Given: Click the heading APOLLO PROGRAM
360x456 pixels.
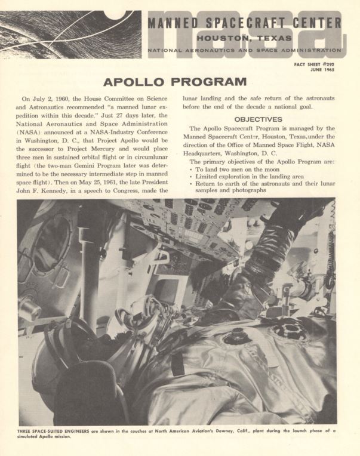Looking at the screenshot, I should (x=176, y=81).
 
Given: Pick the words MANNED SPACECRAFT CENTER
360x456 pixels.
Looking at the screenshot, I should (x=244, y=23).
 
